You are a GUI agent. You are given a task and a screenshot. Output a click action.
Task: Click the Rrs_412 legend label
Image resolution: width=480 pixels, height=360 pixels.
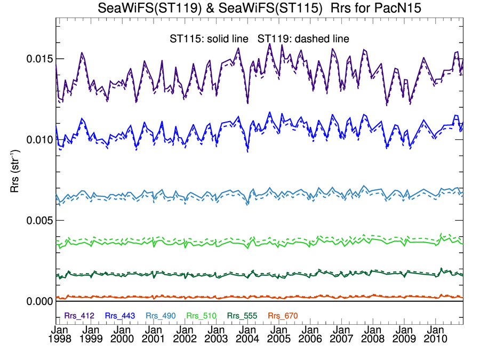(79, 316)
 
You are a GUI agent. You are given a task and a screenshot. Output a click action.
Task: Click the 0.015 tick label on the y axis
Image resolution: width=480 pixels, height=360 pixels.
(39, 58)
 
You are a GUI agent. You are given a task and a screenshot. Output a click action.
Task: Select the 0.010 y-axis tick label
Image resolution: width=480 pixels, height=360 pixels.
(39, 139)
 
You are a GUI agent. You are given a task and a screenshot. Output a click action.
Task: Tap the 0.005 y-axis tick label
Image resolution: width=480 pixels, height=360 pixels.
(39, 220)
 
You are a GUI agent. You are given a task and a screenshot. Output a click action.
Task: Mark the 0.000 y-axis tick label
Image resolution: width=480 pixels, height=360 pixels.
(39, 301)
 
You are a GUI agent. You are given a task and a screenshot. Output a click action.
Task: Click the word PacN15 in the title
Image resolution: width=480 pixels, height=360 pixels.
(390, 9)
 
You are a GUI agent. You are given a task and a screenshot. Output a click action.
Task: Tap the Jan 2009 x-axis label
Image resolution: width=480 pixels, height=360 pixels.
(403, 334)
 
